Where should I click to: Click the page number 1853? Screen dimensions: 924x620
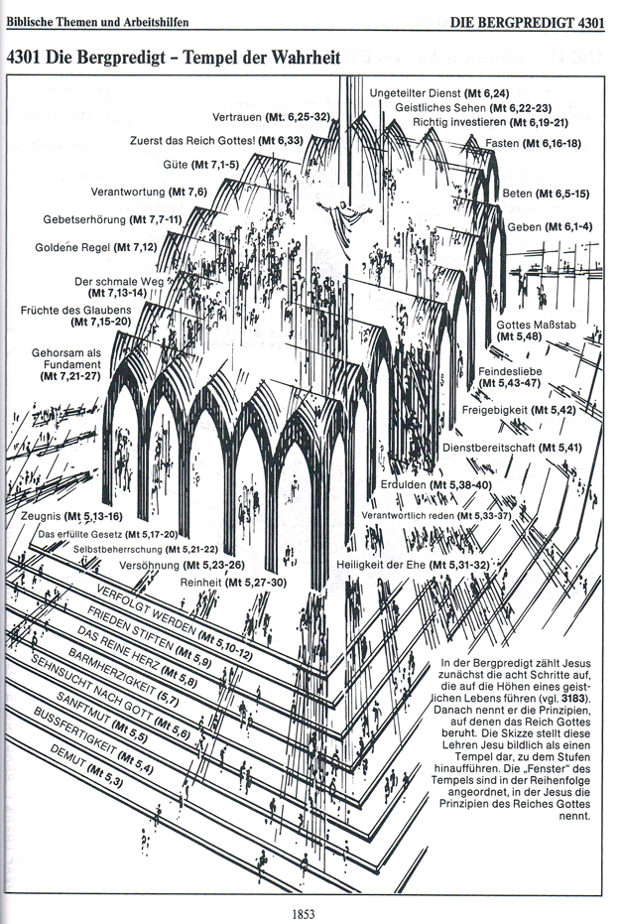tap(310, 906)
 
